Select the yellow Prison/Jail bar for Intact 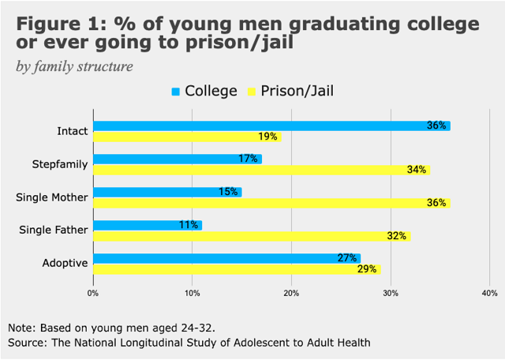pos(187,137)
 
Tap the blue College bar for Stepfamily pos(177,159)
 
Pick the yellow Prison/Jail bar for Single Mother pos(271,203)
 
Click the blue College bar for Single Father pos(148,225)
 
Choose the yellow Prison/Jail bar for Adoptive pos(237,269)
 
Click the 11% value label pos(189,225)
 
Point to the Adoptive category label pos(65,264)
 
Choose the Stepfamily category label pos(61,164)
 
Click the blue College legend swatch pos(175,92)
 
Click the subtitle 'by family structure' pos(75,66)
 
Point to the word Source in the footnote pos(27,343)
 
